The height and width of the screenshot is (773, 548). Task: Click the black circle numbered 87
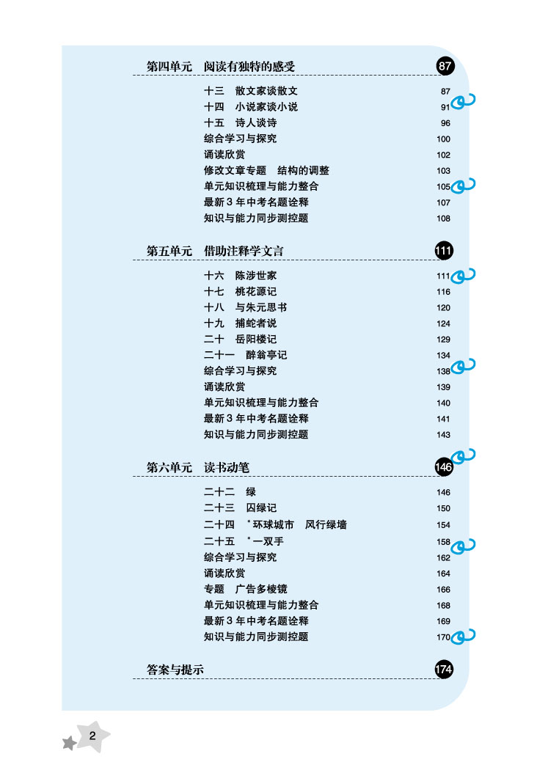click(445, 67)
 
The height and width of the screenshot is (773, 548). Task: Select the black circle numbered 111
click(444, 251)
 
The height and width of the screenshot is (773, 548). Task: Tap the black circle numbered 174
click(444, 669)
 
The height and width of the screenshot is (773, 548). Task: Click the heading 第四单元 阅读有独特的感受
click(221, 67)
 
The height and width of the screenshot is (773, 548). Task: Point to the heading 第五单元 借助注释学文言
click(215, 252)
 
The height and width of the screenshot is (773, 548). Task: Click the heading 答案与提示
click(175, 670)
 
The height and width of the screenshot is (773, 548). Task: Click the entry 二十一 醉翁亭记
click(246, 355)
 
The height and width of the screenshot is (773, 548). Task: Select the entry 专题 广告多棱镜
click(246, 589)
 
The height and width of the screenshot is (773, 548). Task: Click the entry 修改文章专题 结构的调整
click(266, 170)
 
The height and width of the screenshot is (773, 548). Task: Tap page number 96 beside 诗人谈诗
click(445, 123)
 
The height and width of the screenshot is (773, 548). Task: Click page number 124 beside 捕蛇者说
click(443, 323)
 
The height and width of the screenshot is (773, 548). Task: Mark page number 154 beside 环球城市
click(443, 525)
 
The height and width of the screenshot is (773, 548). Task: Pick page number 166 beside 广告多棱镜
click(443, 590)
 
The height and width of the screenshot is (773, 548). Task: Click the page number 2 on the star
click(92, 736)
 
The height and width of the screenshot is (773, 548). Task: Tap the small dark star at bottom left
click(69, 744)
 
